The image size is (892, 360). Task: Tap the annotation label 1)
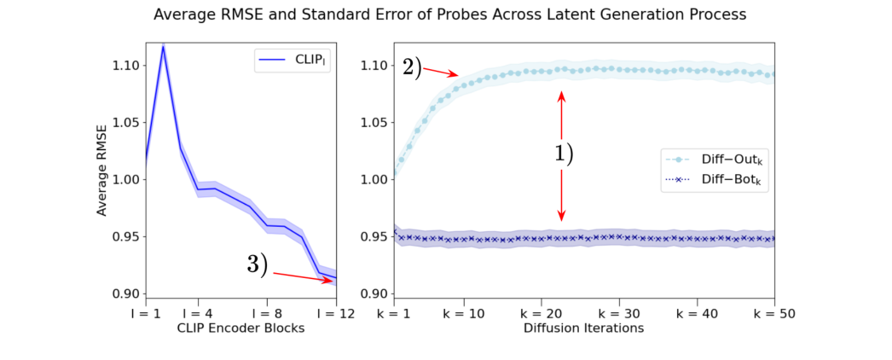[x=560, y=154]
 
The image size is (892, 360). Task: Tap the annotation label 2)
[x=412, y=67]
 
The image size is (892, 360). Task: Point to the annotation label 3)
[x=258, y=264]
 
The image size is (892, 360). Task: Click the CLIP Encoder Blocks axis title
[x=241, y=328]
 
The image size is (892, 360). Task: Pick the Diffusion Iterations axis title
[x=583, y=328]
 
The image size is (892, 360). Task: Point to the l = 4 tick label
[x=198, y=313]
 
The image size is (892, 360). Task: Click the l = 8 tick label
[x=267, y=313]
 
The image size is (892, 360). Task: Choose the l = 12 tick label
[x=336, y=313]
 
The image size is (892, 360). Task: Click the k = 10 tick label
[x=464, y=313]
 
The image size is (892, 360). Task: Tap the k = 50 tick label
[x=773, y=313]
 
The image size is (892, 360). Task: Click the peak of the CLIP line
[x=163, y=46]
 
